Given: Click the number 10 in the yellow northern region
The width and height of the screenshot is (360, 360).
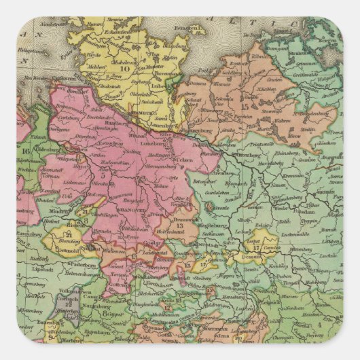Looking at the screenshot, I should pyautogui.click(x=124, y=68).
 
